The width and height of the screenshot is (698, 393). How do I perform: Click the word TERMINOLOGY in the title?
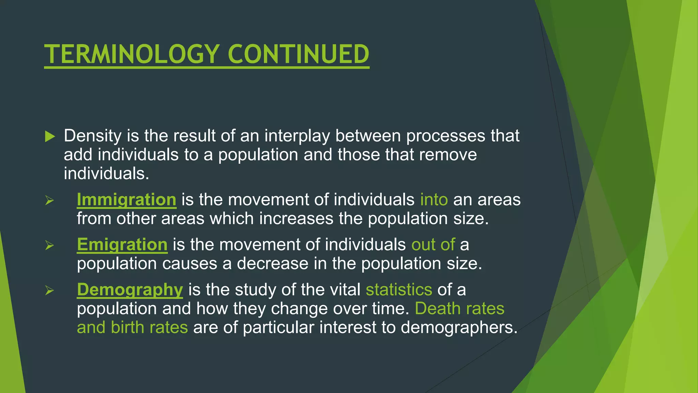(x=132, y=54)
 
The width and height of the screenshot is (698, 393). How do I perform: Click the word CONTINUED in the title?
(x=298, y=54)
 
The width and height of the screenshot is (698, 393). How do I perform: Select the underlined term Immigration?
(x=126, y=200)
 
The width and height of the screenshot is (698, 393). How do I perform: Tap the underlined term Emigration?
(x=122, y=245)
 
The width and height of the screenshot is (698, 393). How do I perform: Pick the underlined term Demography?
(x=130, y=290)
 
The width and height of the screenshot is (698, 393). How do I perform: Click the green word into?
(x=434, y=200)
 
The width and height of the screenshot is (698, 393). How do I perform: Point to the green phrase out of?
(x=433, y=245)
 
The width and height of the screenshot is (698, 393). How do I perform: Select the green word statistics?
(x=399, y=290)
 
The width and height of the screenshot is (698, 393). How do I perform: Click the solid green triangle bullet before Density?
(x=50, y=136)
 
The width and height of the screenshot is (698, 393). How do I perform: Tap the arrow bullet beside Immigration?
(x=50, y=200)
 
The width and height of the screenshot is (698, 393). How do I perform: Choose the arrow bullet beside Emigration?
(x=50, y=245)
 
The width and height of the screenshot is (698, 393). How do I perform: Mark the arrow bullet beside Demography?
(x=50, y=290)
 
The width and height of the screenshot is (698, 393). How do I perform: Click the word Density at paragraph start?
(x=92, y=136)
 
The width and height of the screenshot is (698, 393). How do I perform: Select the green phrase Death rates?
(x=459, y=308)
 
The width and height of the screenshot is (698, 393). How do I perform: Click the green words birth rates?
(x=149, y=327)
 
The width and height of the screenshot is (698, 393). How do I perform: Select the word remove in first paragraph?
(x=448, y=155)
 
